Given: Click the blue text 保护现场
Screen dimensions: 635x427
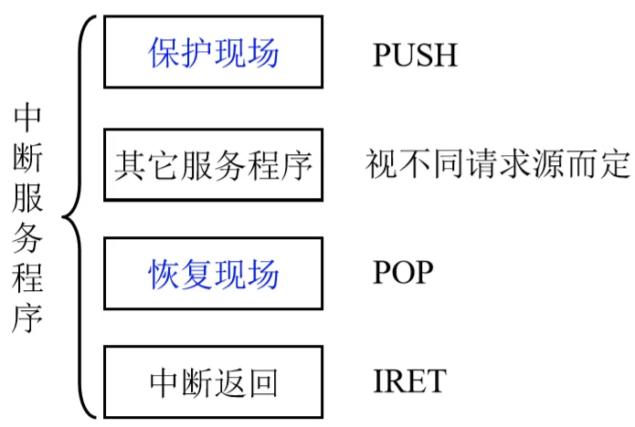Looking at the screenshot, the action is pyautogui.click(x=214, y=53).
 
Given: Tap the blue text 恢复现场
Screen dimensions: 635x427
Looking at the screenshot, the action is pyautogui.click(x=214, y=274).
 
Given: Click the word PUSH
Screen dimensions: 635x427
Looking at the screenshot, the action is pyautogui.click(x=415, y=55).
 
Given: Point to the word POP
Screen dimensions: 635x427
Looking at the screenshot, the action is pyautogui.click(x=403, y=272).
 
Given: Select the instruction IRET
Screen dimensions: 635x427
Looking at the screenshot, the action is pyautogui.click(x=409, y=380).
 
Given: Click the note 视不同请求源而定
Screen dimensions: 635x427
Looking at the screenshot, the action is pyautogui.click(x=499, y=163).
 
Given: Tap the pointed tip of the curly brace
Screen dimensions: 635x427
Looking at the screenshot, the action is pyautogui.click(x=63, y=217).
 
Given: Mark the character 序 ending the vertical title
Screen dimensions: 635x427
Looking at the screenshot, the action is pyautogui.click(x=27, y=318).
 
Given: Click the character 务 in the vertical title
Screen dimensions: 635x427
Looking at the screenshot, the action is pyautogui.click(x=27, y=238).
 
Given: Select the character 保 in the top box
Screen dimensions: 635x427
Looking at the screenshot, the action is pyautogui.click(x=164, y=53).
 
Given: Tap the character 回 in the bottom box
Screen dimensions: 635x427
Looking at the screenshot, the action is pyautogui.click(x=263, y=382).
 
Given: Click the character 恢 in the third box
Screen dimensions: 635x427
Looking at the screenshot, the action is pyautogui.click(x=164, y=274).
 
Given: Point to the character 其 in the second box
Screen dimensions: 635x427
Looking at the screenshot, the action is pyautogui.click(x=130, y=165).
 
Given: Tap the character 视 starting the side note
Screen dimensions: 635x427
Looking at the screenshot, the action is pyautogui.click(x=381, y=163).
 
